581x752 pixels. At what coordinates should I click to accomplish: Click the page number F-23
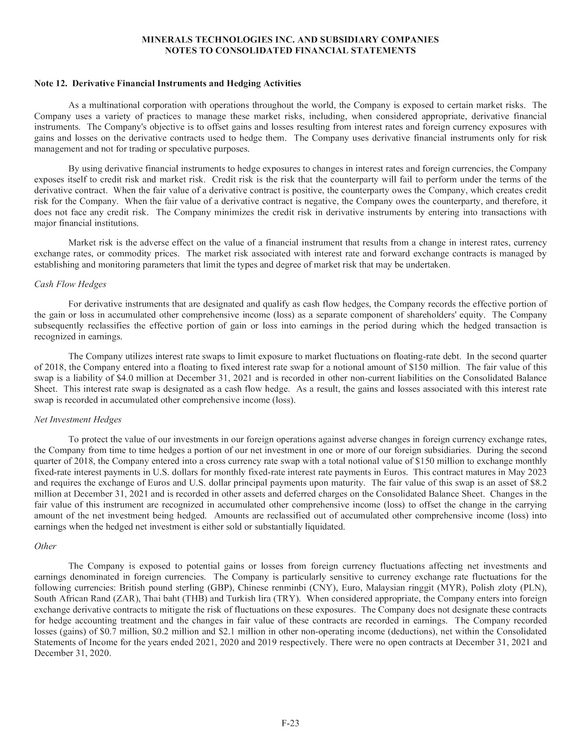tap(290, 723)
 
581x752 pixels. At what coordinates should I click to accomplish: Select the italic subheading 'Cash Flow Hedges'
tap(70, 284)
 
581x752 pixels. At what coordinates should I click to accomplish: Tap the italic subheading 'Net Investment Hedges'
tap(78, 419)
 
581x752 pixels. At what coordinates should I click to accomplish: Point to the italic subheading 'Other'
tap(45, 546)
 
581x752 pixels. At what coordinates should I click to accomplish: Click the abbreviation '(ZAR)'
tap(109, 599)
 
